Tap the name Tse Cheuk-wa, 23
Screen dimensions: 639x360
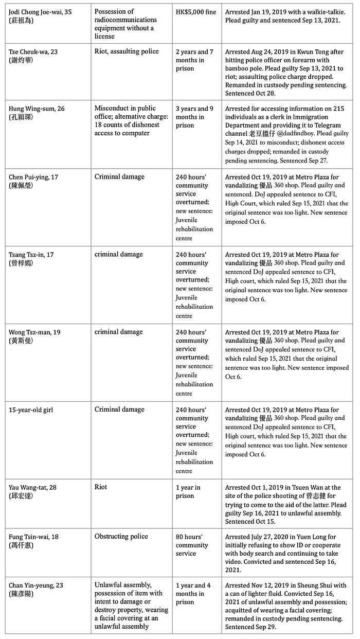tap(35, 51)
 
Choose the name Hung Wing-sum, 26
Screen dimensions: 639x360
tap(37, 109)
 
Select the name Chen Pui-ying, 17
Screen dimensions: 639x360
tap(33, 176)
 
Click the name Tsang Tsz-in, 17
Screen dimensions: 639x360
tap(33, 254)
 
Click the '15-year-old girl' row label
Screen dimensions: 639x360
tap(31, 410)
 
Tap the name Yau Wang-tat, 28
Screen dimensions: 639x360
tap(35, 487)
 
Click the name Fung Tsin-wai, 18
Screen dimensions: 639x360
tap(34, 537)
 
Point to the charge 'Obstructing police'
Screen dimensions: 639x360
tap(121, 537)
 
